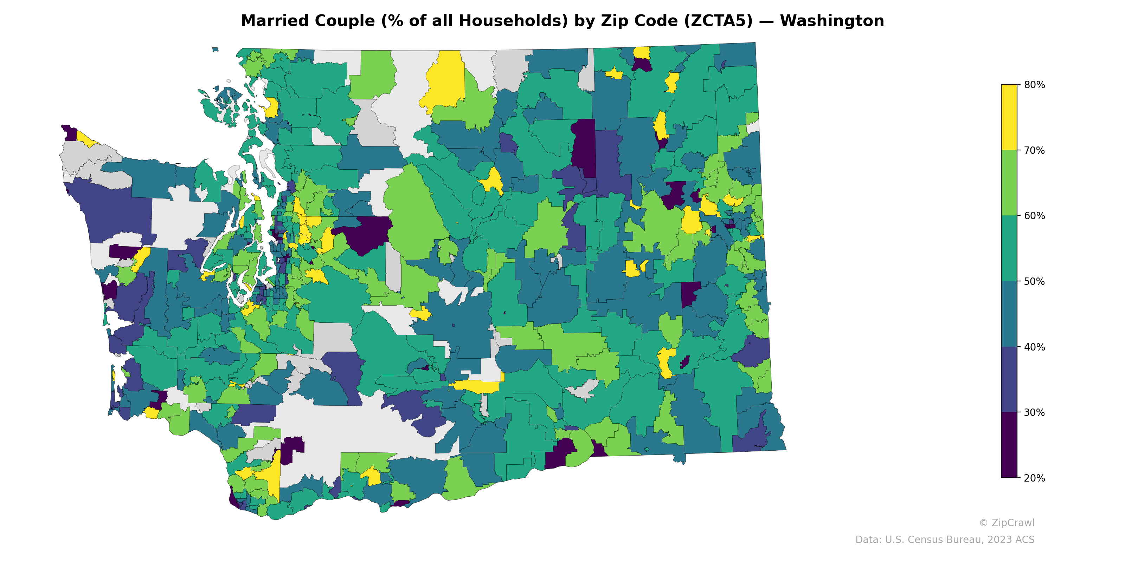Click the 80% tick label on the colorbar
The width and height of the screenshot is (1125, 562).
click(x=1034, y=85)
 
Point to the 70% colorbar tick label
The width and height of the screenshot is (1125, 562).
click(x=1034, y=151)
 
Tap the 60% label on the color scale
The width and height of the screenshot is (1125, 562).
click(x=1034, y=216)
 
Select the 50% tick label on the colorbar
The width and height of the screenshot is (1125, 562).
click(x=1034, y=281)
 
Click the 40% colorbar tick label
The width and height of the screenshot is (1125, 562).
click(x=1034, y=347)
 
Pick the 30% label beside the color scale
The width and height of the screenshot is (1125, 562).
click(x=1034, y=413)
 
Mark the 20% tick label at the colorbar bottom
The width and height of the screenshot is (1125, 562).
click(x=1034, y=478)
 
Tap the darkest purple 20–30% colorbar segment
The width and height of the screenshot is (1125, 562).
click(x=1009, y=445)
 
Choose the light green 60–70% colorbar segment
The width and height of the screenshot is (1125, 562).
click(x=1009, y=183)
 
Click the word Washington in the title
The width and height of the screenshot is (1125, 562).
click(x=831, y=21)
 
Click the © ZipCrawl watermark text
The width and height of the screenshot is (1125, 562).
click(x=1006, y=523)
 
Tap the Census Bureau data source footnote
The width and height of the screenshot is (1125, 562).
click(x=944, y=540)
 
